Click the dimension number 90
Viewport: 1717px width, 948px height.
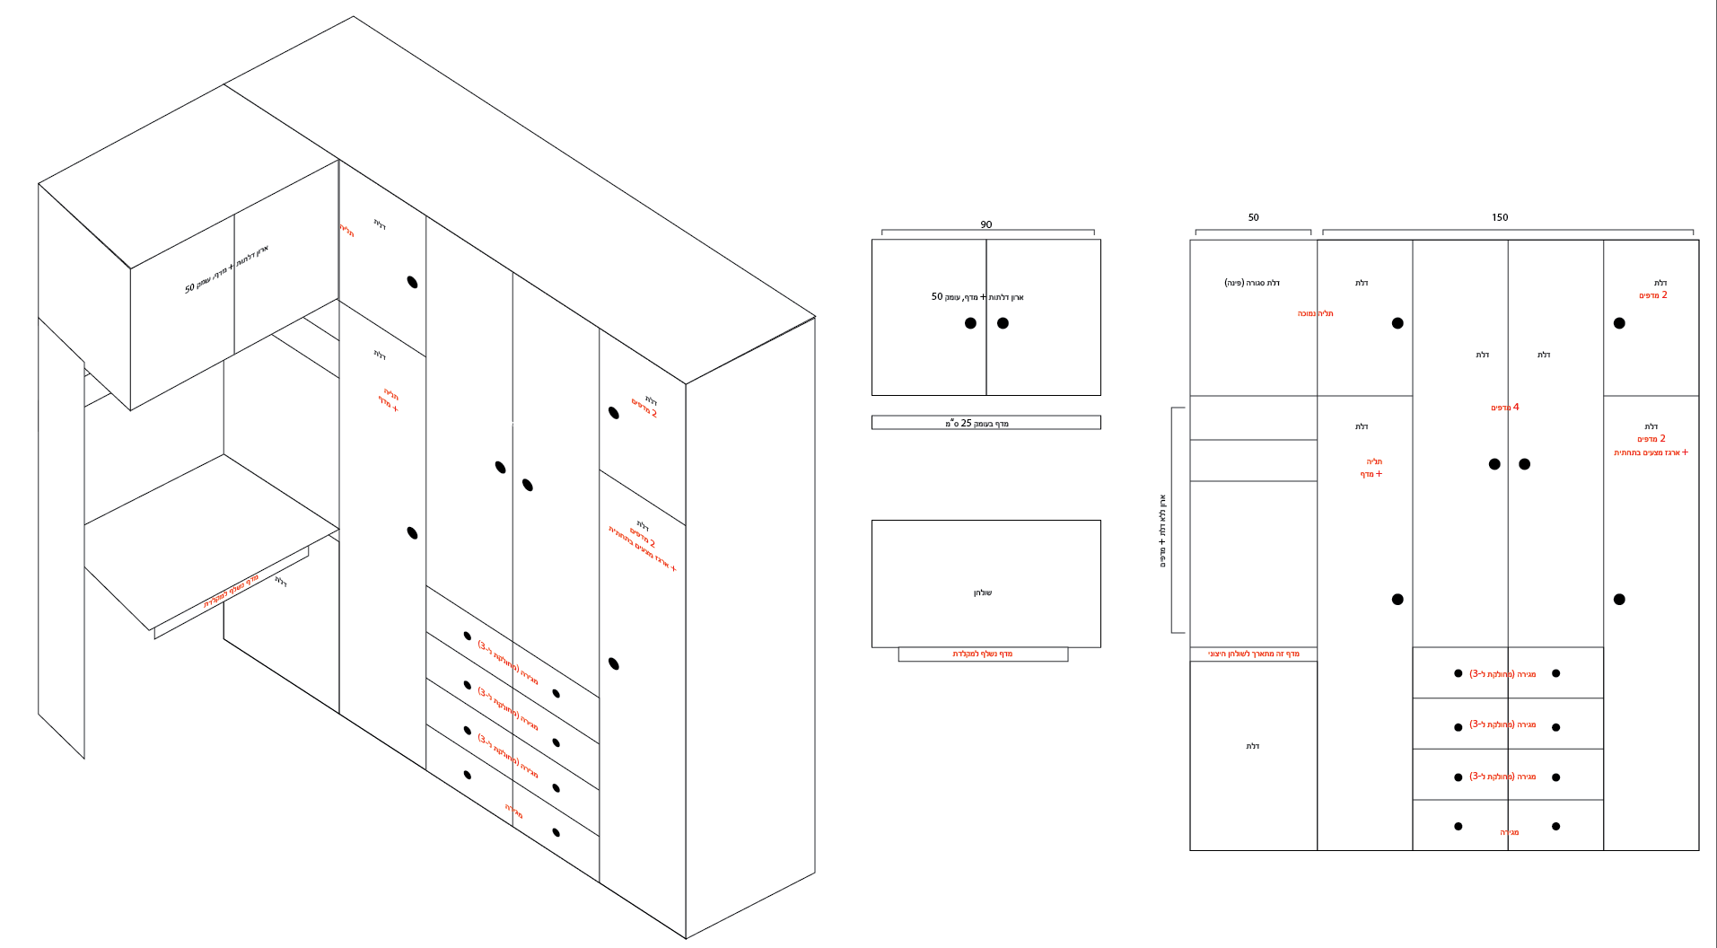(x=986, y=224)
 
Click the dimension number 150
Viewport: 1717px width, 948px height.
(x=1500, y=217)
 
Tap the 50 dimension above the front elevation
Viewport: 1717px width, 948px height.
(x=1253, y=217)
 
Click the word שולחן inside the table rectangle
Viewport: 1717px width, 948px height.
(x=983, y=592)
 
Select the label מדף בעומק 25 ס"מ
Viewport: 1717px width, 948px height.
(x=977, y=423)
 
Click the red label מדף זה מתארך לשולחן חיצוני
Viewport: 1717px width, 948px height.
(x=1253, y=654)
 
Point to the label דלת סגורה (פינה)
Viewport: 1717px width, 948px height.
(x=1251, y=283)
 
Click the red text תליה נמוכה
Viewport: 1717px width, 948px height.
(x=1315, y=313)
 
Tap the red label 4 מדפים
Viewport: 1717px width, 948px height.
(x=1505, y=408)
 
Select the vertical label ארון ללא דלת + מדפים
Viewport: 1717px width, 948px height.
(x=1162, y=531)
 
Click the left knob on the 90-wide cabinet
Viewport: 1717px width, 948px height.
(x=970, y=323)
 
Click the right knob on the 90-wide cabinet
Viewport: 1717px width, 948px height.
(x=1003, y=323)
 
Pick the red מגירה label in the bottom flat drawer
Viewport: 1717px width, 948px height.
(x=1509, y=832)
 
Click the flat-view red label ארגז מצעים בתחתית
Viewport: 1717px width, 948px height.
(x=1650, y=452)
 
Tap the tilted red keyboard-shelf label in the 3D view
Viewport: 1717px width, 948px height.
(x=231, y=591)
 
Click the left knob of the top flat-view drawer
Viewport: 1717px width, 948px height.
(x=1458, y=673)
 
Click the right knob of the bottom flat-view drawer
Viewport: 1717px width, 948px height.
(x=1555, y=826)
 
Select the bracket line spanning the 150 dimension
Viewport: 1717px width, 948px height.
(x=1508, y=230)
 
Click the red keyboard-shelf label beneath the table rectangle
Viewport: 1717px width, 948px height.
(x=982, y=654)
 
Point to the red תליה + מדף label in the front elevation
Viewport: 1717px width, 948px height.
(x=1371, y=468)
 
